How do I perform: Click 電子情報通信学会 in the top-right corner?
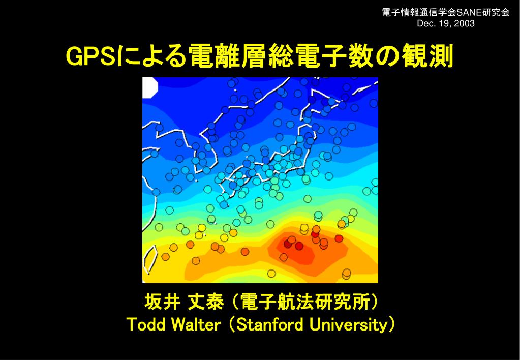(x=419, y=13)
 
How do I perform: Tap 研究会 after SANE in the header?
(x=495, y=13)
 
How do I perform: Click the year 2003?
(x=465, y=24)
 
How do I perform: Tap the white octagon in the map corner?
(x=150, y=87)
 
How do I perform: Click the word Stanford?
(x=271, y=324)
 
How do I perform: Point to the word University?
(x=348, y=325)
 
